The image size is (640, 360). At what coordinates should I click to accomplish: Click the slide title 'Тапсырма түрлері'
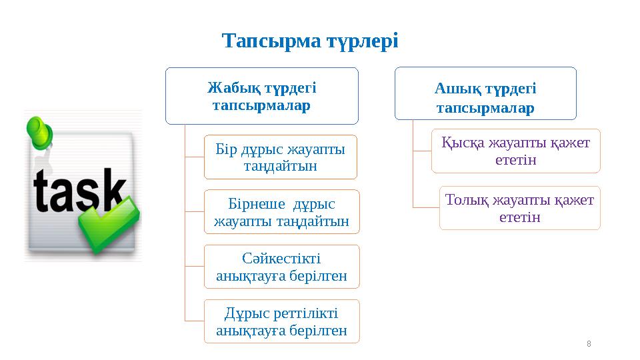pos(310,41)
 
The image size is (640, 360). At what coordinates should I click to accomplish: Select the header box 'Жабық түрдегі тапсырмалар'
pos(262,96)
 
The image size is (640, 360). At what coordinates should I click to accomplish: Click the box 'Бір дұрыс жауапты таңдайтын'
pos(281,157)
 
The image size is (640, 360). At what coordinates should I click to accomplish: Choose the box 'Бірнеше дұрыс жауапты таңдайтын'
pos(281,212)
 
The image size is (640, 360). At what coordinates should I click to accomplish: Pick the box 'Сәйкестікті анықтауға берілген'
pos(281,267)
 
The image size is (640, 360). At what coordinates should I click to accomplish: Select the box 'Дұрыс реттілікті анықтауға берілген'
pos(281,321)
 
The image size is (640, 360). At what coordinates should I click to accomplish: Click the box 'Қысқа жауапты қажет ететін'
pos(516,151)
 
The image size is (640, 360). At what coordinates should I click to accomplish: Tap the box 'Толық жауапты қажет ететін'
pos(519,208)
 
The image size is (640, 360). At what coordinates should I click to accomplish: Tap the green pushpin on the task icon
pos(41,133)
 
